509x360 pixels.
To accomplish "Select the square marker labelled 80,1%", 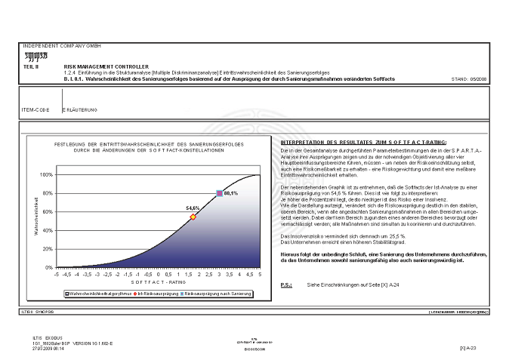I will coord(219,194).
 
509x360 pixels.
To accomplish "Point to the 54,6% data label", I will coord(192,208).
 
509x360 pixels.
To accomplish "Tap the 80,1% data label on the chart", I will coord(231,194).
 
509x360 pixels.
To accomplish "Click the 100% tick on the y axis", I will coord(45,174).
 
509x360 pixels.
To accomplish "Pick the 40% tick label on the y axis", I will coord(47,230).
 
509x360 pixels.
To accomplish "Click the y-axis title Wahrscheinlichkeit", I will coord(35,218).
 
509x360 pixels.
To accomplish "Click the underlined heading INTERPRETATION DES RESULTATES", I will coord(362,142).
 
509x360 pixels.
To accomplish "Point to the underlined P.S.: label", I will coord(286,285).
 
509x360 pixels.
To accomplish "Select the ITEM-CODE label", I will coord(35,110).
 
